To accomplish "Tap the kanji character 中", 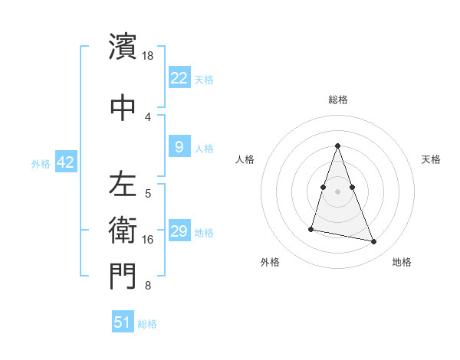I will [122, 105].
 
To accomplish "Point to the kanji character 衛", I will [122, 229].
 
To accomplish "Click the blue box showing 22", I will [179, 78].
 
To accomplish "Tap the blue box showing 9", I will [179, 147].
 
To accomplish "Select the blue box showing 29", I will [179, 231].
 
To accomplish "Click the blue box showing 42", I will [65, 162].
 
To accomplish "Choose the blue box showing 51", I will [123, 322].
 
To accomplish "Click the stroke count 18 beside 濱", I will [148, 56].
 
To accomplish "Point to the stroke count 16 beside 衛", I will [148, 240].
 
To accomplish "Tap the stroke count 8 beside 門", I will [148, 286].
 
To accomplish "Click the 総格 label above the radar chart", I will [338, 100].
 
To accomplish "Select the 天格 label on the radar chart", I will [431, 159].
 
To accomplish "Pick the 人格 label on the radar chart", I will [245, 159].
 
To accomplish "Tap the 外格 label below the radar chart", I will [269, 262].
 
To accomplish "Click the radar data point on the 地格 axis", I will [374, 242].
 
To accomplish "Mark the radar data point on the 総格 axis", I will [338, 146].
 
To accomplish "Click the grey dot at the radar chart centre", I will [338, 191].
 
